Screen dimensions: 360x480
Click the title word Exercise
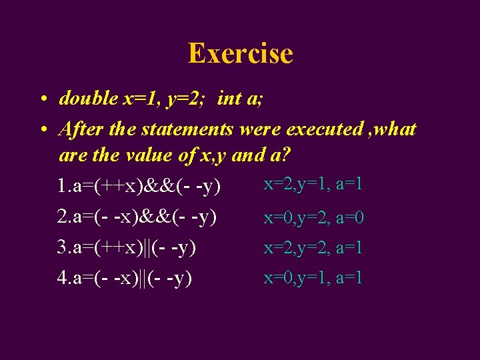pyautogui.click(x=240, y=53)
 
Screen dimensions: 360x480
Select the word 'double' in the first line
pyautogui.click(x=88, y=99)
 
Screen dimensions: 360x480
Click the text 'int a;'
pyautogui.click(x=240, y=99)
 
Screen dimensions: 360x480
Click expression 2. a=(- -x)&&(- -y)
pyautogui.click(x=137, y=217)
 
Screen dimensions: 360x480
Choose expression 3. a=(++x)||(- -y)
pyautogui.click(x=126, y=247)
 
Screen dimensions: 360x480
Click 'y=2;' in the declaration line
pyautogui.click(x=185, y=99)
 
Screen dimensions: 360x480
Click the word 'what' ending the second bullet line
pyautogui.click(x=395, y=128)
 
